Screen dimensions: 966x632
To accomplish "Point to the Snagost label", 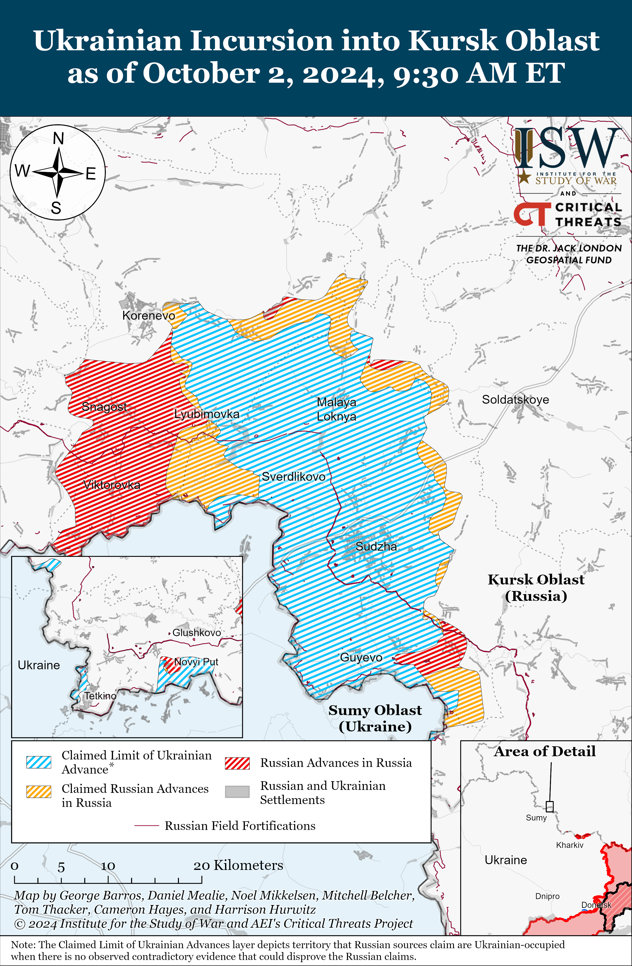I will pos(104,406).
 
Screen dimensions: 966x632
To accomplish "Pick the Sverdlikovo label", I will pos(293,477).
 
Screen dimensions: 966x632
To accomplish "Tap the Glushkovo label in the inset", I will pos(197,632).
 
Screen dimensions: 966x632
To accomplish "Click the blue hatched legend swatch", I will pos(39,762).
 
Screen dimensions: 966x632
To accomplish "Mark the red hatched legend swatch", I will pos(237,763).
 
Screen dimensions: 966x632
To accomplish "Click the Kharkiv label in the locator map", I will pos(570,845).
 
